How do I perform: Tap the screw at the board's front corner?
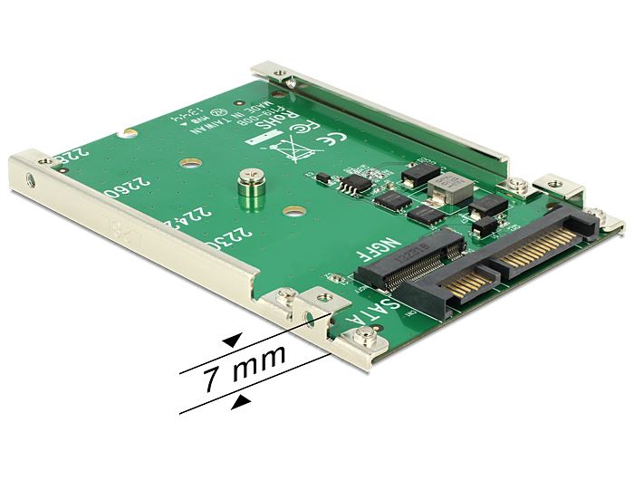point(365,340)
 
